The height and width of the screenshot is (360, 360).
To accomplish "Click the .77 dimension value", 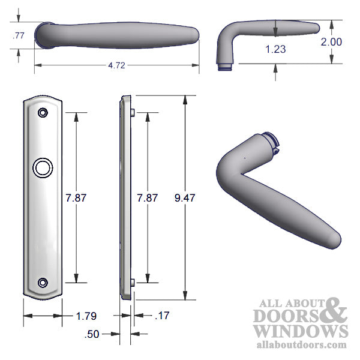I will (18, 37).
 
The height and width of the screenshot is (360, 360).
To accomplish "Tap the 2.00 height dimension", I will (332, 42).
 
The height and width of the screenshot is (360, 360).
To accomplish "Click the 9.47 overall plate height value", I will (184, 197).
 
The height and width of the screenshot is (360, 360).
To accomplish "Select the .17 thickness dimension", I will (163, 315).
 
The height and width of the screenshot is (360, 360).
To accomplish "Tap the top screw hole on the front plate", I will (43, 112).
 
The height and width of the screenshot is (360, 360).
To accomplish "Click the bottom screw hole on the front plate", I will (43, 283).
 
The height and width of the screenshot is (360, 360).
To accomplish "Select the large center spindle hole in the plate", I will (43, 168).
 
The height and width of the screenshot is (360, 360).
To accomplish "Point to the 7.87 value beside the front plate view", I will (76, 197).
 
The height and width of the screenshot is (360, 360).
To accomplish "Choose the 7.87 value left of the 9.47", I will (148, 197).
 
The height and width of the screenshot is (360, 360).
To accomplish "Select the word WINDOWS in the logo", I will (300, 331).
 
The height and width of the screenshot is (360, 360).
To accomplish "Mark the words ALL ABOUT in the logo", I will (289, 303).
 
